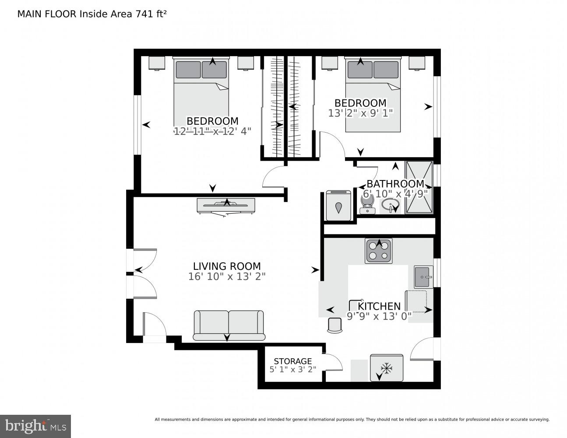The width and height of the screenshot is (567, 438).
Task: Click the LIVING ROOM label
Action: point(227,266)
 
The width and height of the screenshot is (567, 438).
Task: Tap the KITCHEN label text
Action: point(379,306)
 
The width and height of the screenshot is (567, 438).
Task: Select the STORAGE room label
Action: point(292,361)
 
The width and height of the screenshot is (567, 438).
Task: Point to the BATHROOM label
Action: point(395,184)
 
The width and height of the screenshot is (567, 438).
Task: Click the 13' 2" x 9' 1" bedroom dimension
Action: point(361,113)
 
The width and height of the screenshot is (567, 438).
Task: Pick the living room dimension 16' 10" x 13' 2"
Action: point(227,277)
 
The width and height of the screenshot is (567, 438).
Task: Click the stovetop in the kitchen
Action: point(378,251)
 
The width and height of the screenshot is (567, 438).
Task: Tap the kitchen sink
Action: point(423,277)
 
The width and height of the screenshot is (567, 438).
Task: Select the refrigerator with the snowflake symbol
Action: point(386,367)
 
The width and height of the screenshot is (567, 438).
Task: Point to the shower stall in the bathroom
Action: point(419,187)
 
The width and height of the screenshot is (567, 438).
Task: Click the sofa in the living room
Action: point(229,325)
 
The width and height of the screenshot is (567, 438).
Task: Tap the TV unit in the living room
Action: point(226,205)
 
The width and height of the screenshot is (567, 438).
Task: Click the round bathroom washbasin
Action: point(390,205)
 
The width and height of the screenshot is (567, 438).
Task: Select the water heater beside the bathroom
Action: point(338,205)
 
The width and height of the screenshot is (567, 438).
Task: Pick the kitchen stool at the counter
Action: point(335,325)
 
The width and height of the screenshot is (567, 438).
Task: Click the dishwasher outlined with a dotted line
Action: point(416,301)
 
